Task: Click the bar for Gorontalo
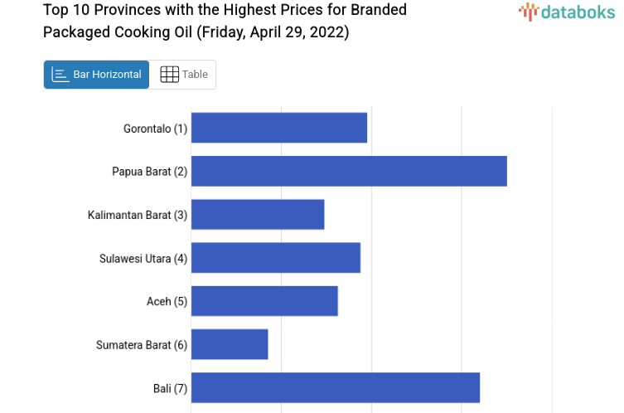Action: [x=278, y=128]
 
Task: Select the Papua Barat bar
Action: [x=349, y=171]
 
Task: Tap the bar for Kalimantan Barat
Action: [x=258, y=214]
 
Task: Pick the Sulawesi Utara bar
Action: [x=275, y=258]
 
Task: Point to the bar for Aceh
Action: [x=264, y=301]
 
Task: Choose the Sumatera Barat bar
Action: [x=230, y=344]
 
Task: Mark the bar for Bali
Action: [x=336, y=387]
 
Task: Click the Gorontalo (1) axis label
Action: [x=155, y=129]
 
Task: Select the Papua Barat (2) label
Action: [x=149, y=172]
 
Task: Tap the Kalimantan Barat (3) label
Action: [x=138, y=215]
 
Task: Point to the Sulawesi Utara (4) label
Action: [x=143, y=258]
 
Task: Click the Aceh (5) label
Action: [x=167, y=301]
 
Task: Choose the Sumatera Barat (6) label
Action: [x=142, y=344]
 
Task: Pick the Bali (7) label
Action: [x=170, y=387]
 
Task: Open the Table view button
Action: [x=183, y=75]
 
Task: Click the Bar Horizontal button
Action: [x=96, y=75]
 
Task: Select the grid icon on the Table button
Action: [x=169, y=75]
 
